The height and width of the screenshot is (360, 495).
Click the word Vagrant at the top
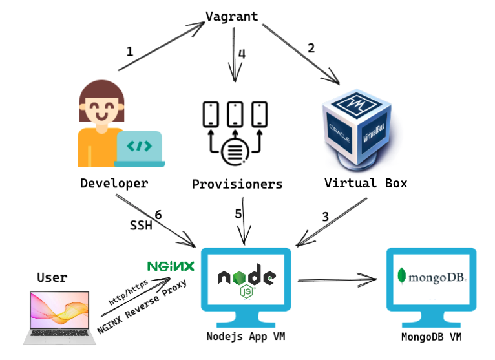[x=232, y=17]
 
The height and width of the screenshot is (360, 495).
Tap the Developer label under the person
[x=114, y=184]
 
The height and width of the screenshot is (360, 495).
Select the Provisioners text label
[x=237, y=184]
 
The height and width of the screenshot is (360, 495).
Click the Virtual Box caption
[x=366, y=183]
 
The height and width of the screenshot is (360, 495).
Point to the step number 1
[x=129, y=52]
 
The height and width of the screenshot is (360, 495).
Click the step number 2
[x=311, y=48]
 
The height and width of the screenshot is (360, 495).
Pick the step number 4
[x=242, y=54]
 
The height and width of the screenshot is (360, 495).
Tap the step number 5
[x=238, y=214]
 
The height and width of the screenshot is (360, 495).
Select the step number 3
[x=326, y=217]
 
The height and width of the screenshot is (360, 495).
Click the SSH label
[x=141, y=226]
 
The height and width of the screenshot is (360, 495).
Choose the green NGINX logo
[x=171, y=266]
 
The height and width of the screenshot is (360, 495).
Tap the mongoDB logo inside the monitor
[x=432, y=277]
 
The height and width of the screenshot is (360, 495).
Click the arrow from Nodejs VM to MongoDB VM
[x=337, y=279]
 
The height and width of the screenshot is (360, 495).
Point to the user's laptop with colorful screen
[x=59, y=318]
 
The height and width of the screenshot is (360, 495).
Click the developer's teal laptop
[x=139, y=149]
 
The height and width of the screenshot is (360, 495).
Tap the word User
[x=52, y=277]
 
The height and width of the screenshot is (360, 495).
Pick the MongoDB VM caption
[x=431, y=337]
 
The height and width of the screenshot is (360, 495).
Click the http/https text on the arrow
[x=128, y=292]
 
